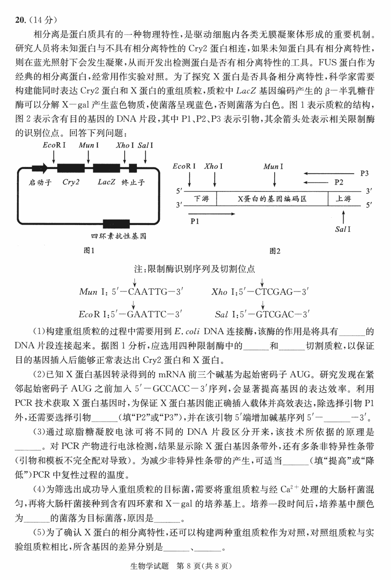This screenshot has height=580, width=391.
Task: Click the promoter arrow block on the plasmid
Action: click(x=40, y=168)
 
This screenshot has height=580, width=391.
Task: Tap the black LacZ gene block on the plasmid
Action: click(x=106, y=168)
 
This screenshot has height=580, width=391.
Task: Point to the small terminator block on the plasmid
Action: click(x=133, y=168)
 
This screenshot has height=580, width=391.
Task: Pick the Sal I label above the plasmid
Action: click(x=146, y=145)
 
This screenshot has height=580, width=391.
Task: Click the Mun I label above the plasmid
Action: click(x=88, y=145)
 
